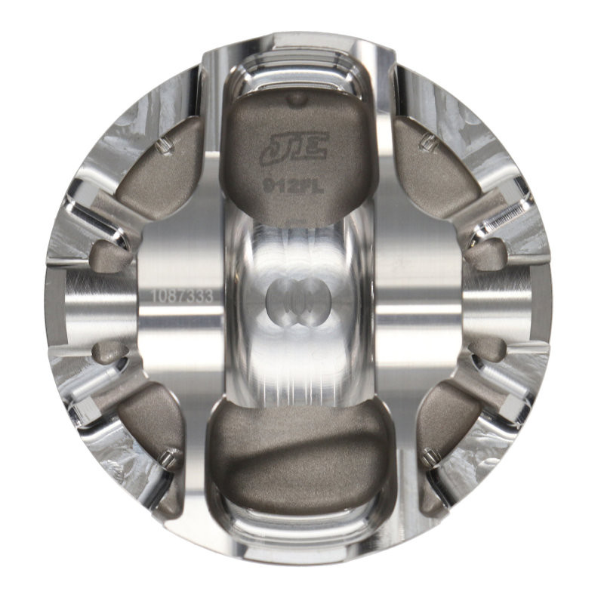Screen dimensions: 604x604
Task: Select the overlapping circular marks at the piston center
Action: (295, 301)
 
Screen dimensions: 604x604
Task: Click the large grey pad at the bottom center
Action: (297, 453)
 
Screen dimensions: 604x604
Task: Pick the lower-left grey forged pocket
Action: (151, 423)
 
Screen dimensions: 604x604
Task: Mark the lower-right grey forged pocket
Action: (445, 427)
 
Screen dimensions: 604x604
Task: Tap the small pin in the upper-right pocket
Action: (430, 142)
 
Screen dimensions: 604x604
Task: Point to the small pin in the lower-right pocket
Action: (431, 456)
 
